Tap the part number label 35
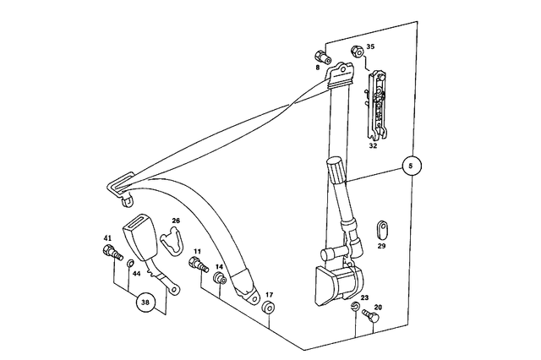pos(370,47)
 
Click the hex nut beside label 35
pos(357,51)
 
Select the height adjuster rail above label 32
pos(375,106)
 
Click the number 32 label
pos(373,145)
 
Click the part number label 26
pos(177,221)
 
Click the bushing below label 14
pos(220,279)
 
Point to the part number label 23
pos(364,297)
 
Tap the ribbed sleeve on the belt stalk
pos(336,171)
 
